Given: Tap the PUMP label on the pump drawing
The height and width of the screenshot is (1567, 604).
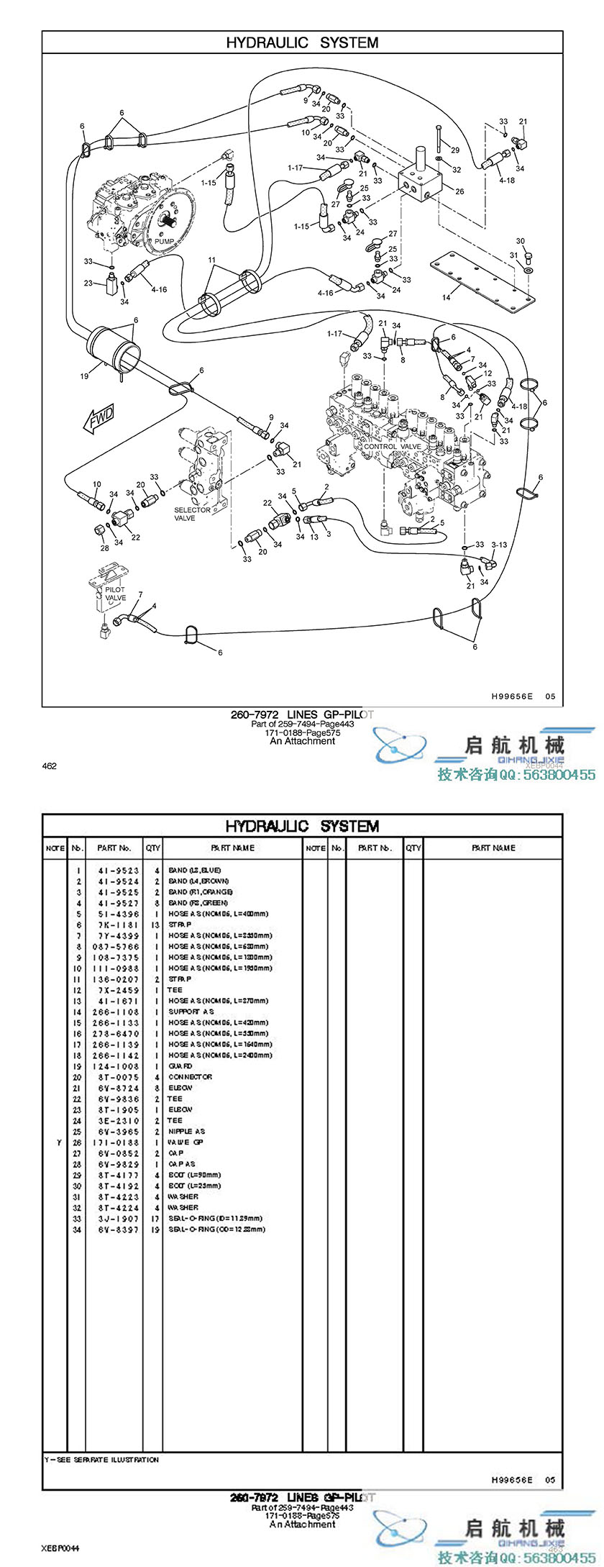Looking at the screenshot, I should (164, 241).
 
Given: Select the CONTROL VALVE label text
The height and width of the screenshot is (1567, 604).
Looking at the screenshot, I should (393, 447).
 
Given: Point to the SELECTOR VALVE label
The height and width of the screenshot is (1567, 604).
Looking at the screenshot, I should (192, 514).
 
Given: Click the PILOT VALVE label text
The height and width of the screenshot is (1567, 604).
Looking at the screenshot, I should (115, 594).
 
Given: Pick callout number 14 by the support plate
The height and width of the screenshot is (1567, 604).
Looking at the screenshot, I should (447, 297).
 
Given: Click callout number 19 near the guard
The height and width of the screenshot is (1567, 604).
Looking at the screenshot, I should (84, 376).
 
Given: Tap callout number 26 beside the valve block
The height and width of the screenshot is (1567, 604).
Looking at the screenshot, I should (459, 191).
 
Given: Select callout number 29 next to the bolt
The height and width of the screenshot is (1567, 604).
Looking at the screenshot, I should (454, 150).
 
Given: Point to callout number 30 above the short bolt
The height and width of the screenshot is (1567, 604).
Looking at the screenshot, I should (521, 241).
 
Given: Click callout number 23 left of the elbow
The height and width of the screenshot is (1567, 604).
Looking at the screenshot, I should (88, 283).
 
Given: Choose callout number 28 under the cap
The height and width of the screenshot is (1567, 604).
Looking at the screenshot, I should (105, 548).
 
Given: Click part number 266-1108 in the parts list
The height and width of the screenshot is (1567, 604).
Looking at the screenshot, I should (119, 1012).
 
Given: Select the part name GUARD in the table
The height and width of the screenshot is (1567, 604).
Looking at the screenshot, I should (180, 1066).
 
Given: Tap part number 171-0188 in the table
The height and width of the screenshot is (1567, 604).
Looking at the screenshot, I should (119, 1143).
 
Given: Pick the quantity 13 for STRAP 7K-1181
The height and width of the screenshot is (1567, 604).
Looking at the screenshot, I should (155, 925).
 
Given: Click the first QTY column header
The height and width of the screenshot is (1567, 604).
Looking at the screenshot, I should (153, 848).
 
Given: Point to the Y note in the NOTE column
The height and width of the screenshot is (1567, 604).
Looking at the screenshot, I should (59, 1143).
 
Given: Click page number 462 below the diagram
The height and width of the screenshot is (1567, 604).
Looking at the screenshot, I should (50, 766).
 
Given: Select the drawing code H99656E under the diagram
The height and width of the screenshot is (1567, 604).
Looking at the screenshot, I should (512, 696).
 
